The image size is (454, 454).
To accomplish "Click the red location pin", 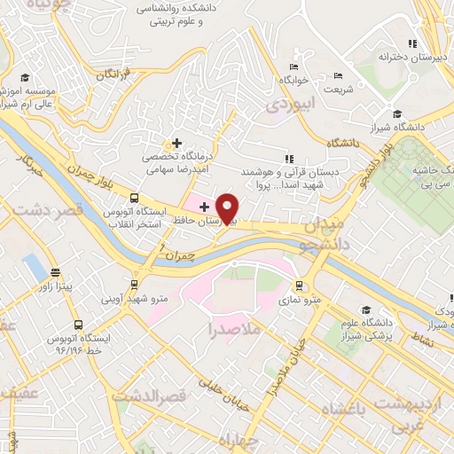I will tap(228, 207).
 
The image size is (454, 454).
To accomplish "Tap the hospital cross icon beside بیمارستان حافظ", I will tap(204, 206).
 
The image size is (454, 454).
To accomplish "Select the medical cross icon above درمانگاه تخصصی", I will tap(177, 143).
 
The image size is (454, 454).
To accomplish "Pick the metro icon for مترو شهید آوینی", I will tap(134, 285).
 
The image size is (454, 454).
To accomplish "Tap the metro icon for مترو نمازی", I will tap(299, 286).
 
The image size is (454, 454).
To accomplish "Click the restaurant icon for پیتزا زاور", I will tap(56, 273).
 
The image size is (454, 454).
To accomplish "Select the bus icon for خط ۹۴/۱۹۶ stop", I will tap(79, 325).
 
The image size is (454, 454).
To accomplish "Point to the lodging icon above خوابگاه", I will tap(294, 67).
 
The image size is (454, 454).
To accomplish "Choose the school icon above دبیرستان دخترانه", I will tap(411, 43).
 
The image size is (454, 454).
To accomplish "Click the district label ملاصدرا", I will tap(235, 331).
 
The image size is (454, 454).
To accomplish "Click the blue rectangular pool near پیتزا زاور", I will tap(35, 264).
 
